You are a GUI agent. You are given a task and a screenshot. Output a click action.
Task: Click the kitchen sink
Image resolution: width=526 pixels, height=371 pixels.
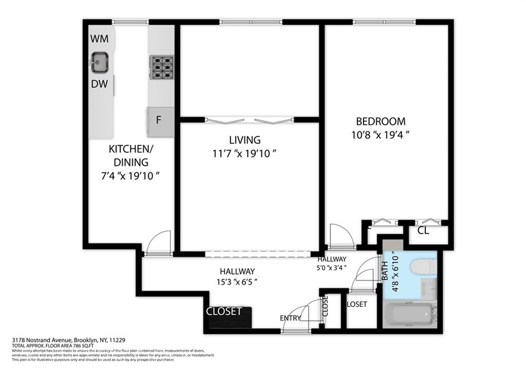click(99, 63)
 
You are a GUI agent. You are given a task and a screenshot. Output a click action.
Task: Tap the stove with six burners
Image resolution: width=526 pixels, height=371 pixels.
click(162, 67)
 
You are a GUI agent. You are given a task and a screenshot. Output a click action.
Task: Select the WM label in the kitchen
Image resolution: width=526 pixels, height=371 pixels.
click(99, 39)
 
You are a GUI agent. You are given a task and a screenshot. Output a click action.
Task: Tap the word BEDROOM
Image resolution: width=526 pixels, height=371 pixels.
click(381, 122)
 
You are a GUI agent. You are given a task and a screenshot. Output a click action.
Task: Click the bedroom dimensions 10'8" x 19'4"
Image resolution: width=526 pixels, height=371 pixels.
click(381, 135)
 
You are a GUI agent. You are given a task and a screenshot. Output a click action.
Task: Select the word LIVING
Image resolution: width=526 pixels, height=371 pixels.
click(245, 140)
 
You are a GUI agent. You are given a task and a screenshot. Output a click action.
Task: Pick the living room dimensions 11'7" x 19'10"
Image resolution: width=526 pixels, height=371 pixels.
click(245, 153)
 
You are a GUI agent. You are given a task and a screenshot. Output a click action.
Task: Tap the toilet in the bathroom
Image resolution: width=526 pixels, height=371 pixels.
click(424, 266)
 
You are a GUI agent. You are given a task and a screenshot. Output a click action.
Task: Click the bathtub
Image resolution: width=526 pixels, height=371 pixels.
click(410, 315)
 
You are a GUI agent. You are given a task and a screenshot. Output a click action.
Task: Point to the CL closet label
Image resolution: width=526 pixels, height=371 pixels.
click(423, 231)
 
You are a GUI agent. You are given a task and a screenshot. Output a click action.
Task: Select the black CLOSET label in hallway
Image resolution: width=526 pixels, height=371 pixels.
click(224, 311)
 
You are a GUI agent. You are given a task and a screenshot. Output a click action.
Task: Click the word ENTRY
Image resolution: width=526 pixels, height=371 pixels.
click(290, 319)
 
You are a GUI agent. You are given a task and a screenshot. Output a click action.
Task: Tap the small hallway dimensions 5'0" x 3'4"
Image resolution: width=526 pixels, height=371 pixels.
click(332, 267)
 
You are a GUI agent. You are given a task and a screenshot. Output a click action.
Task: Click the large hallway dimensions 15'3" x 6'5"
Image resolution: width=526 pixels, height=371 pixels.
click(238, 281)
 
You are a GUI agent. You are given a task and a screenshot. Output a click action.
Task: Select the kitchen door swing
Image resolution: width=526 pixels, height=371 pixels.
click(159, 243)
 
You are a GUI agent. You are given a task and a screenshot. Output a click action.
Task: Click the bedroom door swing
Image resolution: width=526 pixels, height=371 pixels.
click(340, 237)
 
